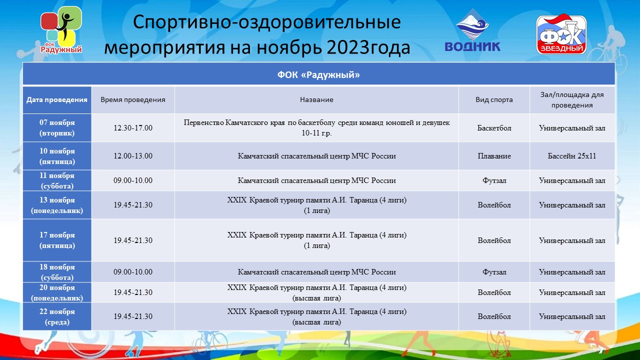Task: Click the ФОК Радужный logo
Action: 61,30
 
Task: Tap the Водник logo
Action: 472,31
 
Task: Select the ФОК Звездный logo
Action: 561,34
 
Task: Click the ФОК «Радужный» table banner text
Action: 318,75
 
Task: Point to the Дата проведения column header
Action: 57,99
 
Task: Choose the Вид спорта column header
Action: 494,99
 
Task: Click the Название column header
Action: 316,99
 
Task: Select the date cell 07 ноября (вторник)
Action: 57,127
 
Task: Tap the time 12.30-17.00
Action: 133,127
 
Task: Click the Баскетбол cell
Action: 494,127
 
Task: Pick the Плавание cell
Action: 494,156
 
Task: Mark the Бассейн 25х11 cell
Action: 572,156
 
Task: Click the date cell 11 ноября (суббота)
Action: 57,180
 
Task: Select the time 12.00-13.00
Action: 133,156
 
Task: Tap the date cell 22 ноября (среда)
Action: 57,316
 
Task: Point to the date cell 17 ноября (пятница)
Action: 57,240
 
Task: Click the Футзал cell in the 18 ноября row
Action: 494,272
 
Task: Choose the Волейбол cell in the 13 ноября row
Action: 494,205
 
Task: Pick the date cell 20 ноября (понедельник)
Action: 57,292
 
